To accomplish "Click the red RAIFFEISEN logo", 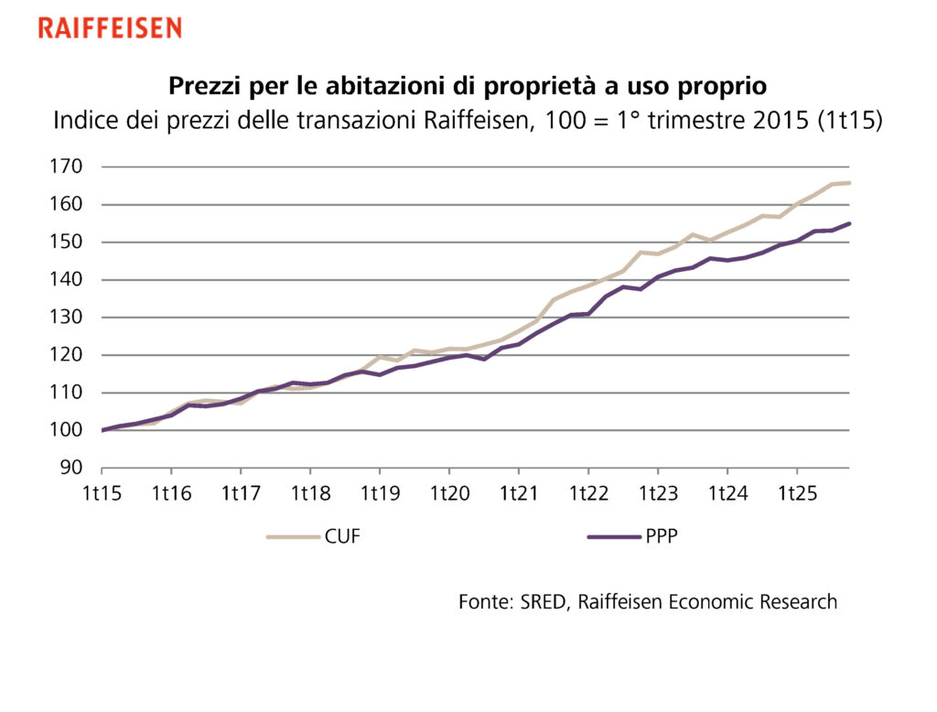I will click(110, 27).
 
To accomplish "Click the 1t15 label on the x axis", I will click(102, 494).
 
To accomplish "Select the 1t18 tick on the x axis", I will click(310, 494).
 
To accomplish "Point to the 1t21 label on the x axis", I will click(519, 494).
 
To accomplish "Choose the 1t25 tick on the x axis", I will click(796, 494).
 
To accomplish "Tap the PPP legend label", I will click(662, 537).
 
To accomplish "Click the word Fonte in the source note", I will click(483, 602).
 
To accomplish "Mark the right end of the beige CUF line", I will click(849, 183).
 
